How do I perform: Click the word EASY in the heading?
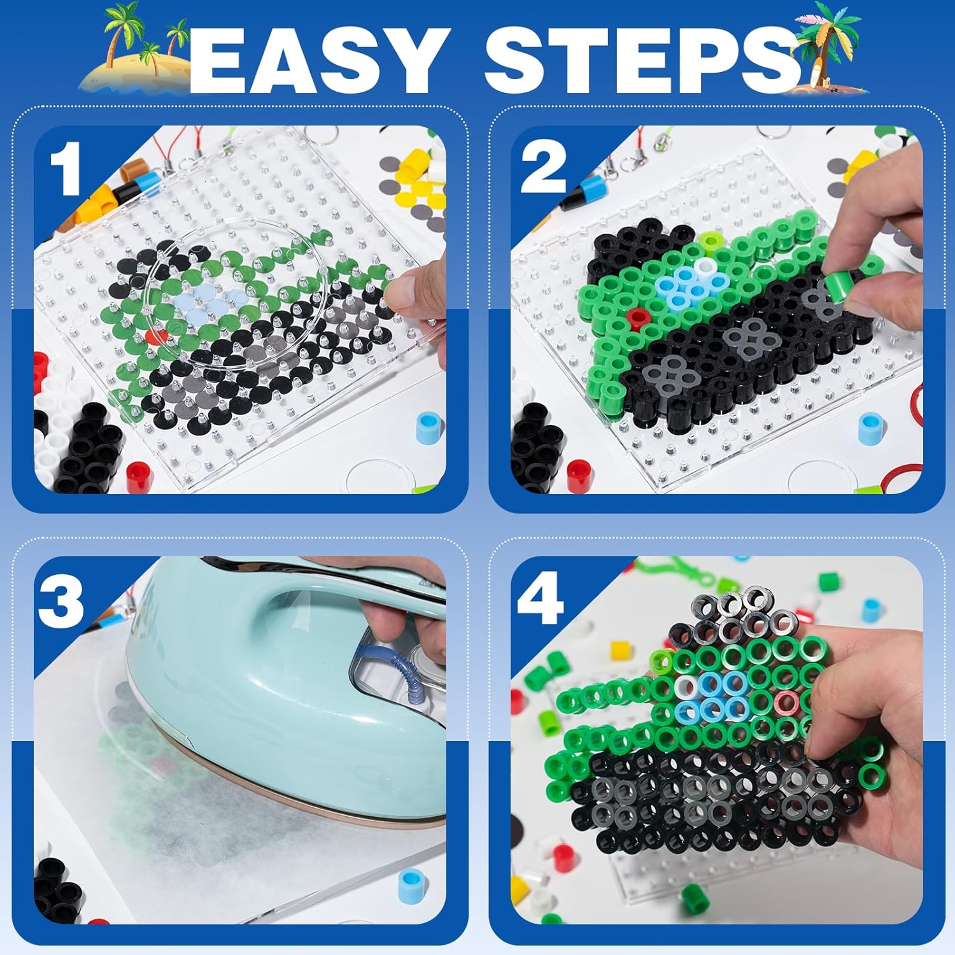[x=316, y=61]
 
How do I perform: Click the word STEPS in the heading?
[x=642, y=61]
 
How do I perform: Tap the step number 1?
[x=66, y=169]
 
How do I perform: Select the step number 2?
[x=543, y=167]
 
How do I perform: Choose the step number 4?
[x=541, y=598]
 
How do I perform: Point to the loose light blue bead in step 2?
[x=872, y=429]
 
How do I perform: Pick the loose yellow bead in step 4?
[x=619, y=651]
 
